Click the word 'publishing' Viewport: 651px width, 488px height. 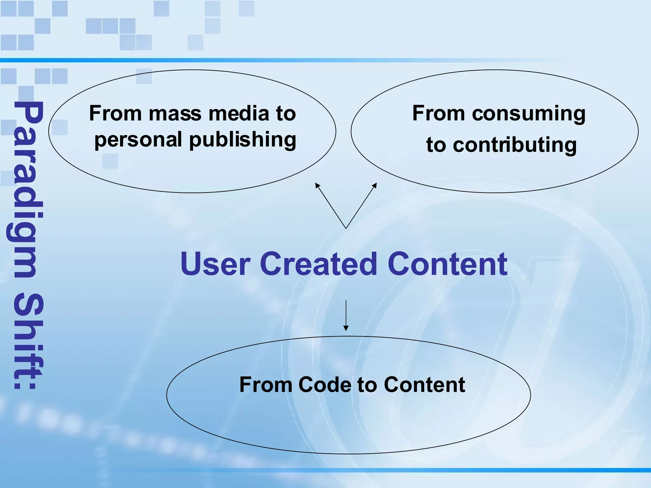(x=243, y=140)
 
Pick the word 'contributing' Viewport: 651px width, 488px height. (x=515, y=145)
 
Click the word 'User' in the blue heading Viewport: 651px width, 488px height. (x=215, y=264)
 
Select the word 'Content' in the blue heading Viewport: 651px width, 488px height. (x=448, y=264)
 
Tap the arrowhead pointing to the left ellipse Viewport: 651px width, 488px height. (x=317, y=185)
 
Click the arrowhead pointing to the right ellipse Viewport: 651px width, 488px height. (x=375, y=185)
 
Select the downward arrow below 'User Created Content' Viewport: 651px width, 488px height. (x=346, y=316)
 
